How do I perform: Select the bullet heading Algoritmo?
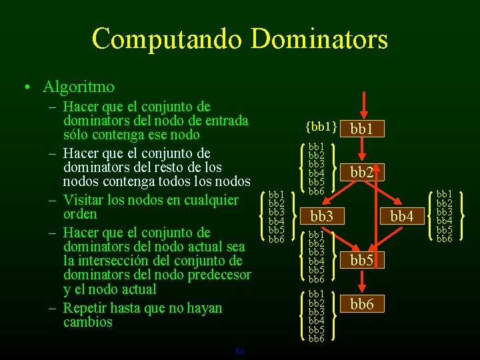tap(79, 87)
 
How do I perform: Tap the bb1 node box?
tap(361, 128)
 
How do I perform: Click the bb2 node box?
tap(361, 173)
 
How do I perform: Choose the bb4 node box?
tap(402, 216)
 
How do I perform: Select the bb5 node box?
tap(361, 260)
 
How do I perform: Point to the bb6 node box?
tap(361, 305)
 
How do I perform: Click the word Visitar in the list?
tap(86, 200)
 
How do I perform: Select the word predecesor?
tap(217, 275)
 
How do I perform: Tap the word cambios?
tap(88, 322)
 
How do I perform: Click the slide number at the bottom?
tap(240, 351)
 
